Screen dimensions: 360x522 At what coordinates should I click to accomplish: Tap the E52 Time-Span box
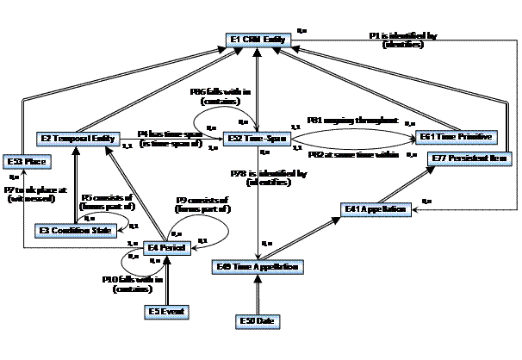coord(255,137)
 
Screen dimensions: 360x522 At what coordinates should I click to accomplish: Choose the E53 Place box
coord(24,161)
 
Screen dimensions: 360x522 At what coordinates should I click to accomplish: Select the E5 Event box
coord(167,310)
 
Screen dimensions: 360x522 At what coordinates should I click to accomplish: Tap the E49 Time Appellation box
coord(257,267)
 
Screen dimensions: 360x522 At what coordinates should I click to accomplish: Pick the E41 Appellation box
coord(370,208)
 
